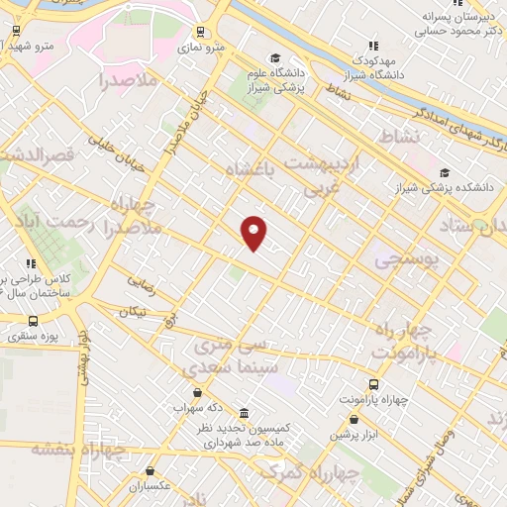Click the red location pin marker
click(254, 232)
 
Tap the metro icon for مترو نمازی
click(201, 31)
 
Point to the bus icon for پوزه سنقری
click(34, 321)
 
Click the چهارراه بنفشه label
click(79, 450)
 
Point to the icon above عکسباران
click(150, 471)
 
